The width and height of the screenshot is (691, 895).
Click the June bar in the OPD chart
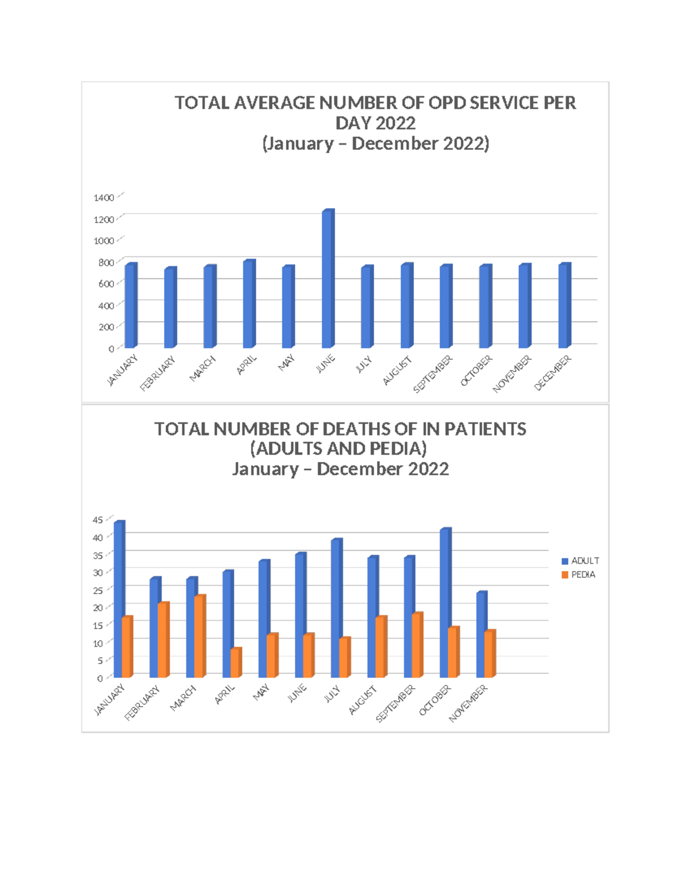pos(328,280)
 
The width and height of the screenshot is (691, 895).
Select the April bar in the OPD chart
pos(249,304)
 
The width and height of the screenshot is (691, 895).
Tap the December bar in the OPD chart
pos(564,306)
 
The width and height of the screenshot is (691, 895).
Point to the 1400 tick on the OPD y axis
pos(104,198)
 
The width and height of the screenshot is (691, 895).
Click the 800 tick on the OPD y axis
pos(105,262)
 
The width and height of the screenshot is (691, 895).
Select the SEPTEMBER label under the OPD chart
pos(433,374)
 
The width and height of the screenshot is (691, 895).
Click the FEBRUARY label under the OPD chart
pos(158,374)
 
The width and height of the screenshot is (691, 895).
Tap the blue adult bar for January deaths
pos(118,599)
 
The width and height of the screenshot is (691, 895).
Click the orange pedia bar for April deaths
pos(235,663)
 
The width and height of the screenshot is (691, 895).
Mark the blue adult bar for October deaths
pos(444,603)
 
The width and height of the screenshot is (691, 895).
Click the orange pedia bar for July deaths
pos(344,658)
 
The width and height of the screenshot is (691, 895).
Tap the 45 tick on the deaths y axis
pos(98,520)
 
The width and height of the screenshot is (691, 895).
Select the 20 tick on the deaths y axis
pos(98,607)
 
